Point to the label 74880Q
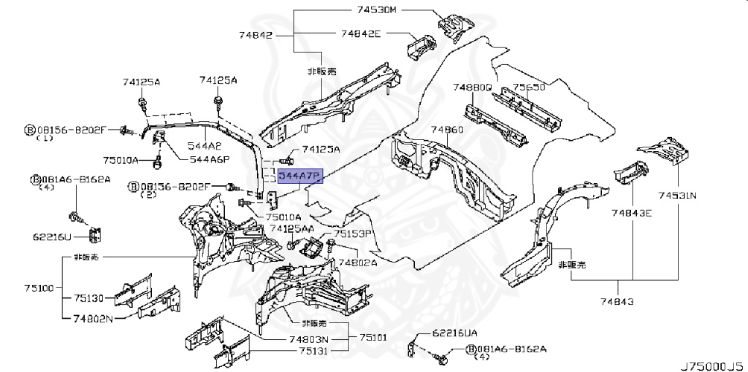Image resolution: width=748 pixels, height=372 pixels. click(x=472, y=87)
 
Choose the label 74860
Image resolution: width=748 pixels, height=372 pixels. click(x=446, y=129)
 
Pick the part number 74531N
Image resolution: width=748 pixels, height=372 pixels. click(x=676, y=195)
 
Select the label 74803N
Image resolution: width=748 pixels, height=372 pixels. click(x=308, y=339)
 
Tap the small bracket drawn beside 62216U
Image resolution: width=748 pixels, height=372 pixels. click(x=94, y=235)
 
